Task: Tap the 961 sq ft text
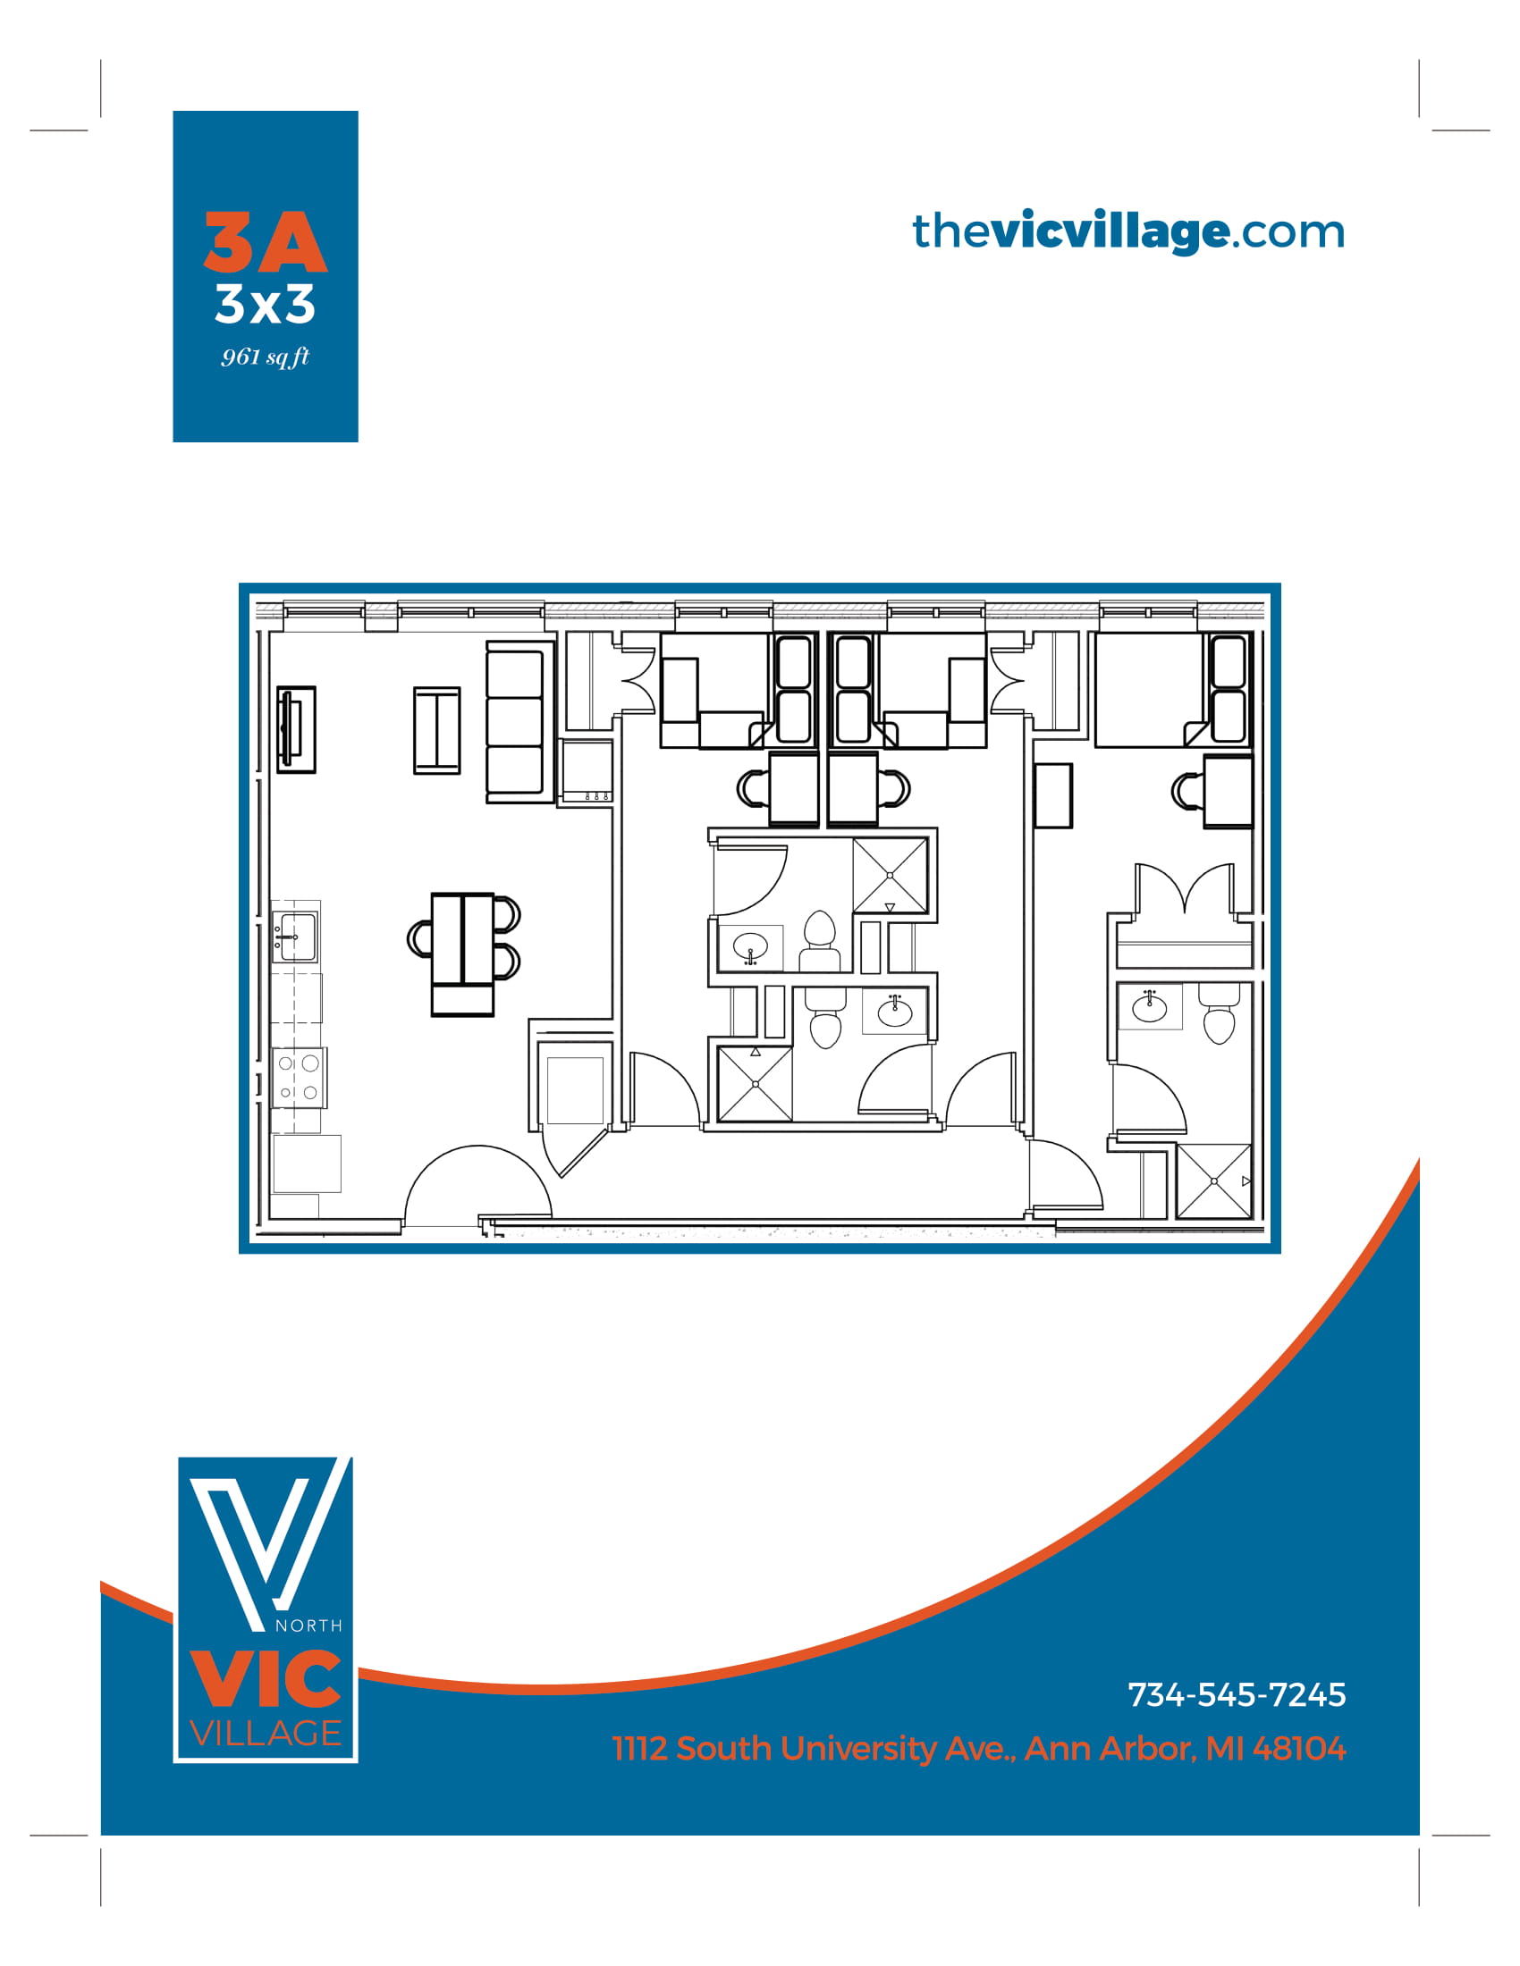click(265, 357)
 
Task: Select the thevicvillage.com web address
click(1127, 231)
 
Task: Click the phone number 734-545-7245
click(1237, 1695)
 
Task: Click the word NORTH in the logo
click(308, 1626)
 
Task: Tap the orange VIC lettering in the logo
click(265, 1680)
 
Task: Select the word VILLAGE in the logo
click(266, 1733)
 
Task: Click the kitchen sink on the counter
click(294, 937)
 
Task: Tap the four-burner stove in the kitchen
click(299, 1078)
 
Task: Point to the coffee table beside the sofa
click(436, 730)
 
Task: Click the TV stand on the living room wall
click(295, 728)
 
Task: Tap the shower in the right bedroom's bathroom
click(1213, 1180)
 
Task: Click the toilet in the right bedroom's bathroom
click(1219, 1016)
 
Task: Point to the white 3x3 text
click(265, 304)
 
